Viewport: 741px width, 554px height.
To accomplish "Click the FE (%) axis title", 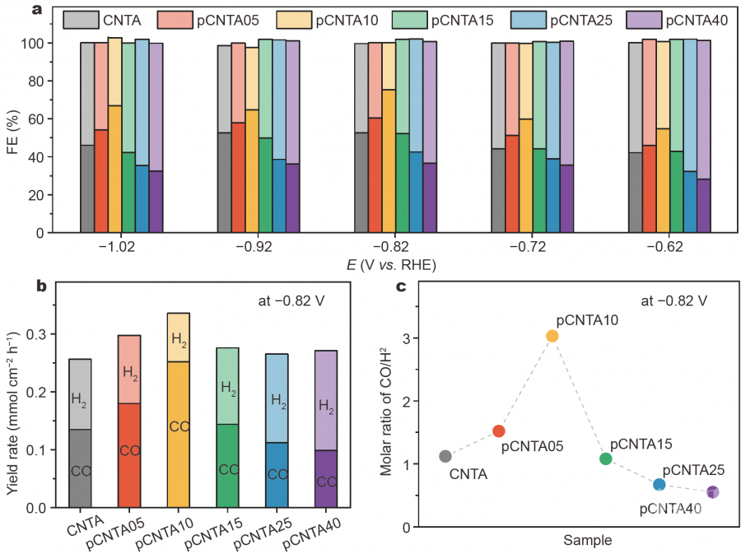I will coord(14,133).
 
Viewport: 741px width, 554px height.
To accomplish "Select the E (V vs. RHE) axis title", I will coord(389,265).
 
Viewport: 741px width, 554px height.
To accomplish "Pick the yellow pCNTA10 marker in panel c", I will coord(552,336).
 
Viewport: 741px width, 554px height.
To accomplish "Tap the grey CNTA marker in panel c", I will coord(445,456).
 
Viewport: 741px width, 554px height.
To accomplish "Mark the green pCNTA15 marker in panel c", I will coord(605,459).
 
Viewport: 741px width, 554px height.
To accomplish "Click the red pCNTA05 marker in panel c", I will coord(498,431).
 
